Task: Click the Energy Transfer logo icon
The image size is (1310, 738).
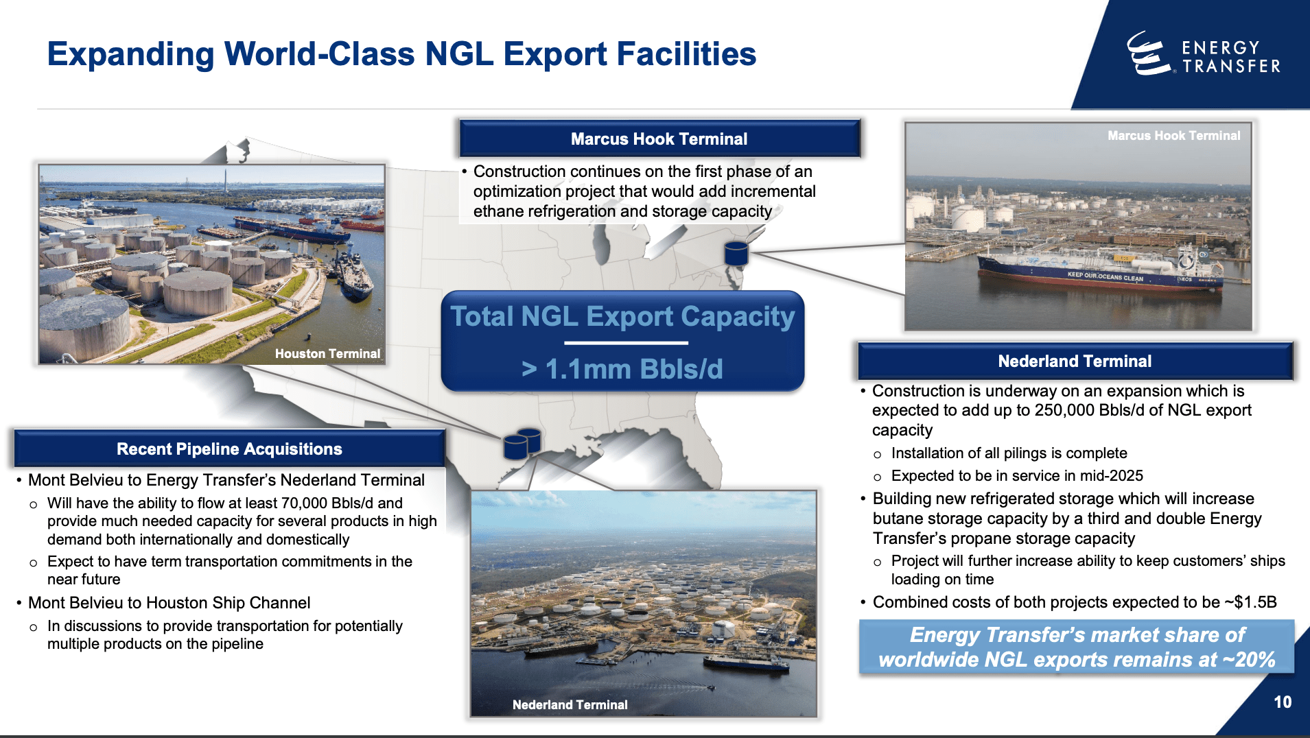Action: pos(1147,53)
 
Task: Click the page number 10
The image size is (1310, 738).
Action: pos(1282,702)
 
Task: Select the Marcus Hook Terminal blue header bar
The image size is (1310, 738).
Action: pos(659,139)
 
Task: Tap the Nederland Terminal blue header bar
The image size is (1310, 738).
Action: pos(1075,361)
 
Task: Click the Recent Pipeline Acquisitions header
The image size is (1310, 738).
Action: pos(229,449)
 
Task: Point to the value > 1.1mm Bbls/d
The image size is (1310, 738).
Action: pos(622,369)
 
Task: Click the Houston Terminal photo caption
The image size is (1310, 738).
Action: pos(327,354)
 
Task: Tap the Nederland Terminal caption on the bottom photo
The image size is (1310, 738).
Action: pos(570,705)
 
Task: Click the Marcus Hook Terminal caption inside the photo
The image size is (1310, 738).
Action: pos(1173,136)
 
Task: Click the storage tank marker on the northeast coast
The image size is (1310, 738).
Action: pos(736,254)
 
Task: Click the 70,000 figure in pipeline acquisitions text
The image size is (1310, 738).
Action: pos(304,503)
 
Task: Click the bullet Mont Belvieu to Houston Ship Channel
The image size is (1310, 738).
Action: pos(169,603)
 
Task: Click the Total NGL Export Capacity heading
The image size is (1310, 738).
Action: pos(622,317)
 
